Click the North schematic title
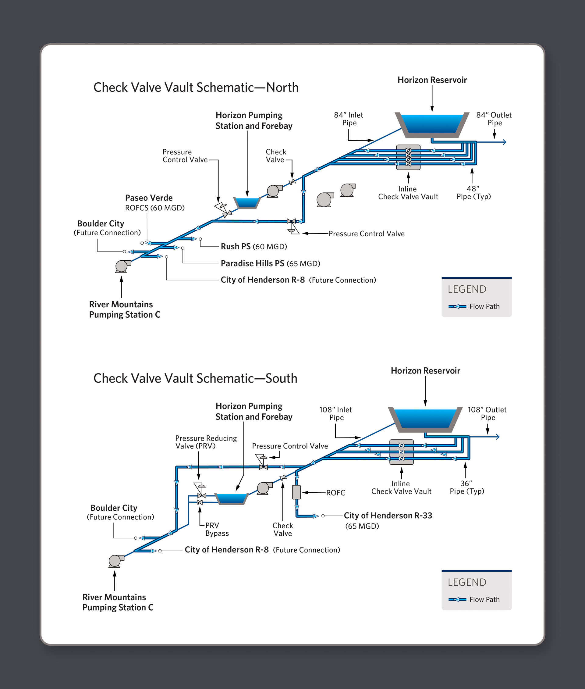click(196, 87)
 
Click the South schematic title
click(195, 378)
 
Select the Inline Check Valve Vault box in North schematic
click(408, 157)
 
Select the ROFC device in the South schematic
click(296, 492)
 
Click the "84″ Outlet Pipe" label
click(494, 119)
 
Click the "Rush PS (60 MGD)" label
click(254, 247)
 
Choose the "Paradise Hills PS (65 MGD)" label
click(270, 263)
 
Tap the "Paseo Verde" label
click(149, 198)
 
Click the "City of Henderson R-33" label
click(388, 516)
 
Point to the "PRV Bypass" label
click(217, 529)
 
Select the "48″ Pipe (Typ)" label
click(473, 193)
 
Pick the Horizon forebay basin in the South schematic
click(231, 498)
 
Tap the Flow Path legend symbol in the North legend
click(457, 306)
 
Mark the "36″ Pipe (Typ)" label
click(466, 487)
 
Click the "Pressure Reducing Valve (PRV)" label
click(206, 442)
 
